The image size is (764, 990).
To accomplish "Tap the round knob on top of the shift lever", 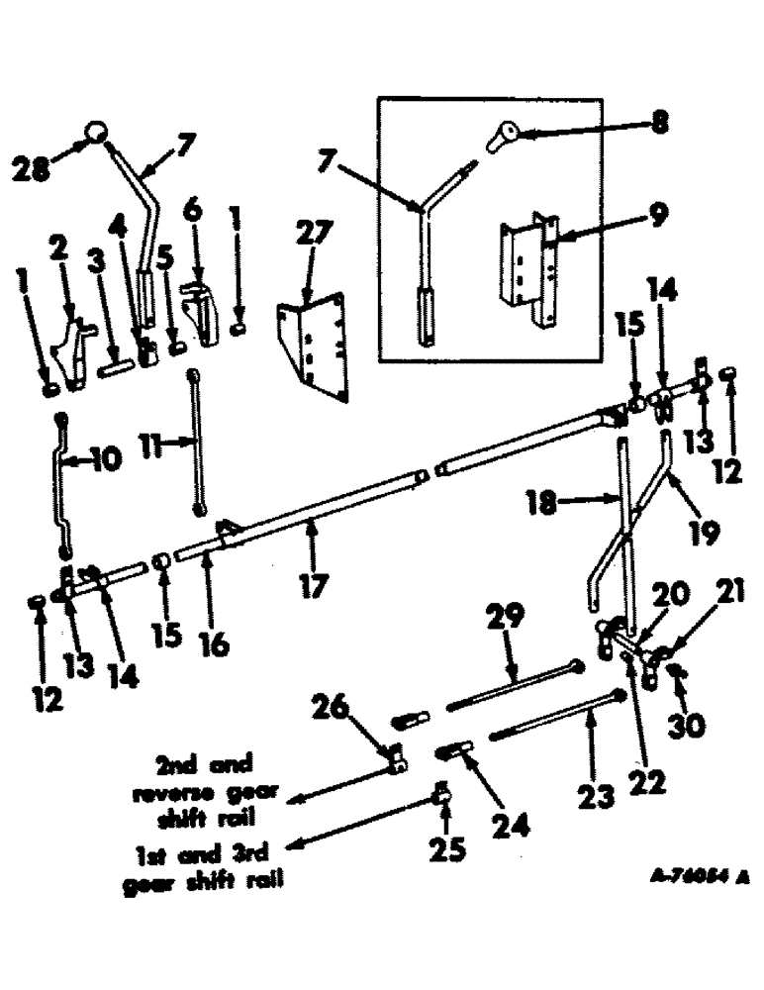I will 96,131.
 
